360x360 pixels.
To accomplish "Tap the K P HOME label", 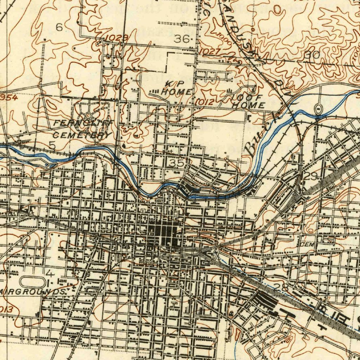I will click(177, 88).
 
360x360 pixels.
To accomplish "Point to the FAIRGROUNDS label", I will click(33, 292).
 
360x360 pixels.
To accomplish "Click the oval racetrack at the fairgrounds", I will click(33, 282).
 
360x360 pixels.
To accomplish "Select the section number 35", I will click(176, 163).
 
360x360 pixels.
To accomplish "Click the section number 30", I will click(311, 55).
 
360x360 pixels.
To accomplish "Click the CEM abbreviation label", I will click(307, 244).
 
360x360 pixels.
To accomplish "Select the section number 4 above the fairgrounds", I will click(50, 273).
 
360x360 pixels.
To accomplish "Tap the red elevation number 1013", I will click(6, 310).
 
